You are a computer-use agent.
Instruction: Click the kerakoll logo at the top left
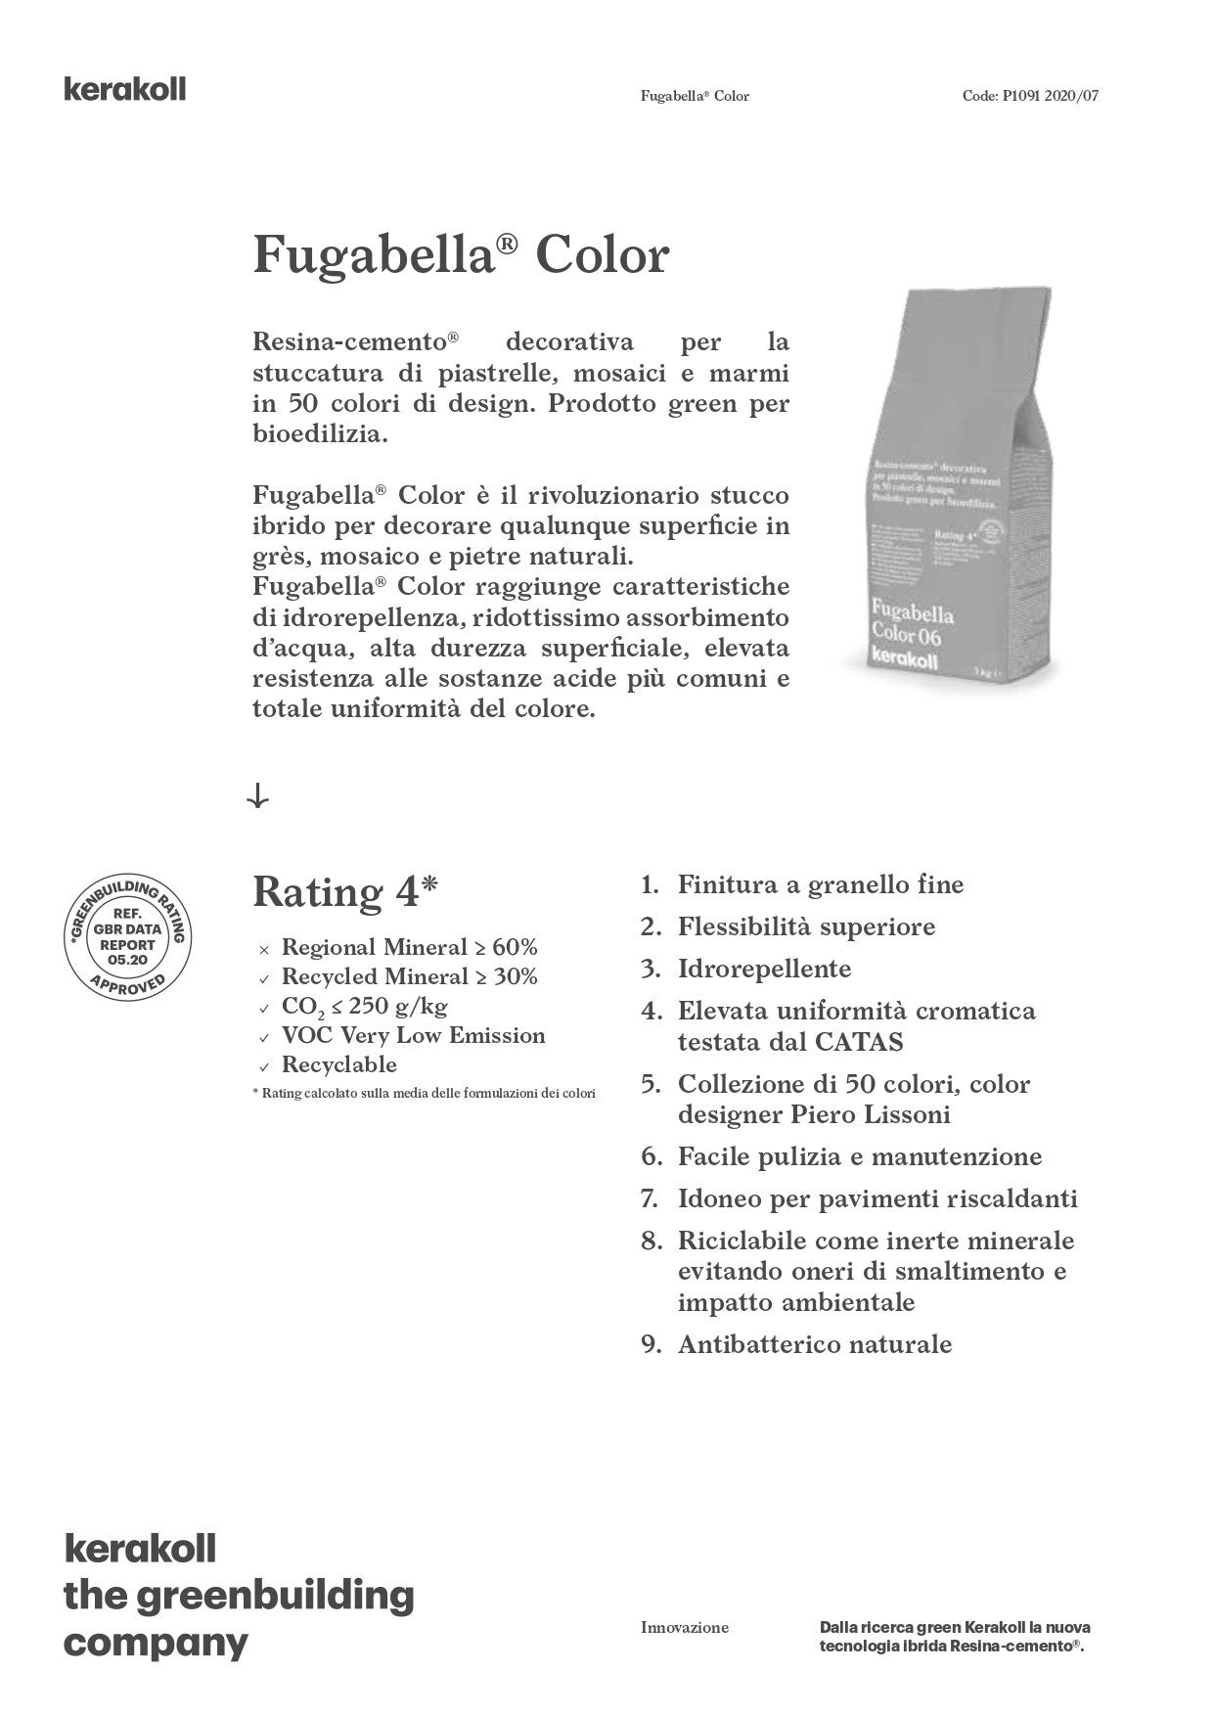click(x=124, y=90)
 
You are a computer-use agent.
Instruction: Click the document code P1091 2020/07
click(x=1037, y=96)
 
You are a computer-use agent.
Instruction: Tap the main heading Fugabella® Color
click(x=461, y=255)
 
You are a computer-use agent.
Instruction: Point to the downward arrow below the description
click(x=258, y=797)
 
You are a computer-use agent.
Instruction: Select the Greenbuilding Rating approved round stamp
click(x=127, y=936)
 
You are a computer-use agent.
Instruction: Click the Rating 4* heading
click(x=345, y=892)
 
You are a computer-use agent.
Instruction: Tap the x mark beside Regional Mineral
click(x=264, y=949)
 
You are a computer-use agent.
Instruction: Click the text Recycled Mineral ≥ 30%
click(x=409, y=976)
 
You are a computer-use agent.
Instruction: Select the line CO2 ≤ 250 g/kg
click(x=364, y=1006)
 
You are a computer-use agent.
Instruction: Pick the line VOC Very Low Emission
click(x=413, y=1035)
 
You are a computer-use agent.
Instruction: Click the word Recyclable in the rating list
click(x=338, y=1064)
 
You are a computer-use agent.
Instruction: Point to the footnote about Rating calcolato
click(x=424, y=1093)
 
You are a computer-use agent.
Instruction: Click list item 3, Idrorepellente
click(x=764, y=969)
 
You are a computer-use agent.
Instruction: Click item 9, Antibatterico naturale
click(x=814, y=1344)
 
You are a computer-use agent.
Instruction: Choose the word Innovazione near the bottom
click(x=685, y=1628)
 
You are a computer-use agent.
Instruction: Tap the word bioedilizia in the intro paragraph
click(x=320, y=433)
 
